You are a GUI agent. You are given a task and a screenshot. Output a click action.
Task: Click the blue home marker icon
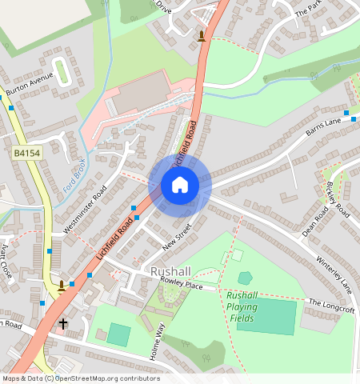[x=180, y=186]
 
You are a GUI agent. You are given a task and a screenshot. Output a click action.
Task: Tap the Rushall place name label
[x=170, y=272]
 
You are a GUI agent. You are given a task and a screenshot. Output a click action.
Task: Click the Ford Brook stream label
[x=73, y=178]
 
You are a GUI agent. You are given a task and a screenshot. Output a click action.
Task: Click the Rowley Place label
[x=182, y=284]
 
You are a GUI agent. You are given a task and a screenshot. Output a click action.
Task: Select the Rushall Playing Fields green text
[x=242, y=306]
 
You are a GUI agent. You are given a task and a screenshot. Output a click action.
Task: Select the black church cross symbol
[x=63, y=324]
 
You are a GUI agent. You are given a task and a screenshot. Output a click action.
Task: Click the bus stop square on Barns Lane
[x=346, y=113]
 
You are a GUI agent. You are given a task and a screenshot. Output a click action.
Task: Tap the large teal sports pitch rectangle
[x=266, y=317]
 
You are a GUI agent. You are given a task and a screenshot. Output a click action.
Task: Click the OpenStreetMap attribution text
[x=81, y=378]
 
